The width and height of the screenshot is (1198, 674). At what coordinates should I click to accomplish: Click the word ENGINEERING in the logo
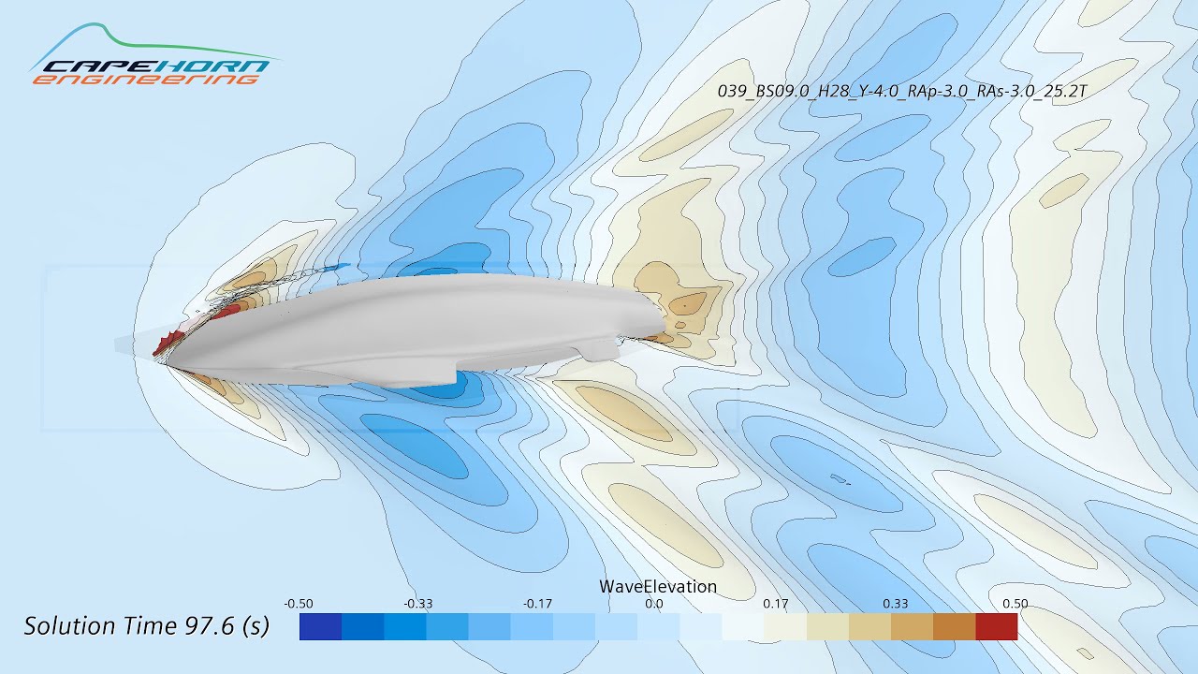coord(145,81)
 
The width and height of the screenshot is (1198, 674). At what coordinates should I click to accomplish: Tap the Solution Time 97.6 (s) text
coord(146,626)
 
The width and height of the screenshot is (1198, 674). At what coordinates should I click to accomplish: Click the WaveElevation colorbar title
coord(658,587)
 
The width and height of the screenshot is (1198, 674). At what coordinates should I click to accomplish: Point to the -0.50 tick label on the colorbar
coord(298,604)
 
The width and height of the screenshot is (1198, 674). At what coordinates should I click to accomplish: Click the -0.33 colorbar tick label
coord(418,604)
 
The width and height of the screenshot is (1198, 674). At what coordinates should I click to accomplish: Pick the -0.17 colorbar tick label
coord(537,604)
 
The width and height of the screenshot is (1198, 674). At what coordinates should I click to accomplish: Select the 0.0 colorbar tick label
coord(654,604)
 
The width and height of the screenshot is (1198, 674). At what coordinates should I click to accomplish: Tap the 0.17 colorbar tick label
coord(775,604)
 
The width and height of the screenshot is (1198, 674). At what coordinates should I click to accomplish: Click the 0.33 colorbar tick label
coord(896,604)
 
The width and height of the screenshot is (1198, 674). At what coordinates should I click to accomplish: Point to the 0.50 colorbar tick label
coord(1015,604)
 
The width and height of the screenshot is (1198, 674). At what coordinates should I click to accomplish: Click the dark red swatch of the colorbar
coord(996,626)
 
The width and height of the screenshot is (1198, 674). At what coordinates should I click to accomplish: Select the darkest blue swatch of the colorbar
coord(320,626)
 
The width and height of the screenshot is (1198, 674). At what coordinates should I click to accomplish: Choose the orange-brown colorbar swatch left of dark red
coord(954,626)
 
